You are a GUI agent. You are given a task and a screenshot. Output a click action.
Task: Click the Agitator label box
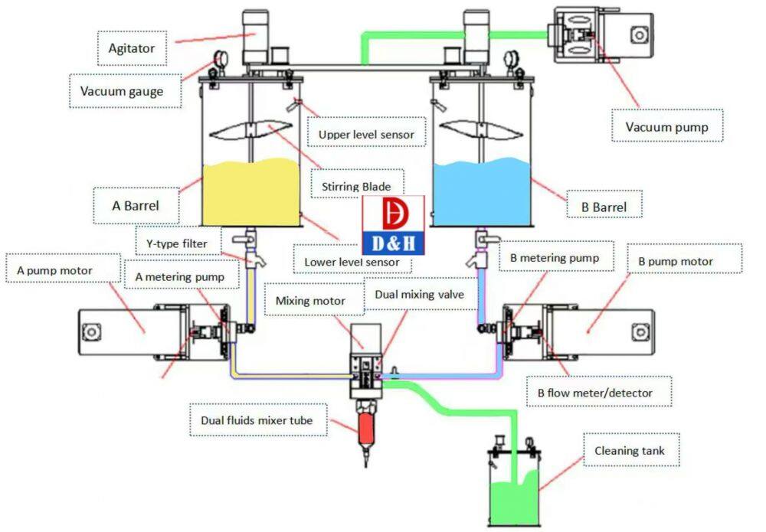(132, 48)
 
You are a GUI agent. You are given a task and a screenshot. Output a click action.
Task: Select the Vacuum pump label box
(669, 126)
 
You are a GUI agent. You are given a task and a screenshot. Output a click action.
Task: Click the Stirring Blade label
(357, 186)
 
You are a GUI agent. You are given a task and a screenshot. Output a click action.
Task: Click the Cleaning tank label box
(630, 451)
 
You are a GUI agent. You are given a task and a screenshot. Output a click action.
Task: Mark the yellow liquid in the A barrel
(249, 196)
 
